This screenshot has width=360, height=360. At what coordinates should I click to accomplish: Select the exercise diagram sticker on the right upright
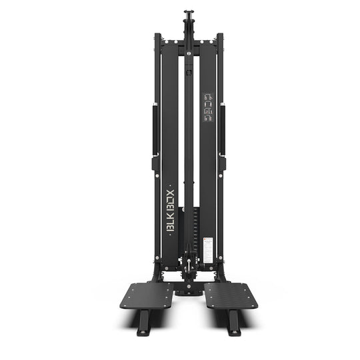click(x=206, y=106)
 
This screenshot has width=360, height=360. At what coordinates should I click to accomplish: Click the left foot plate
click(x=146, y=295)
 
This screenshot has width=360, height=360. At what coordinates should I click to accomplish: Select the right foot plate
click(x=231, y=295)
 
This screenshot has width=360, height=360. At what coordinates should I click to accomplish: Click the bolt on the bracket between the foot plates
click(x=189, y=287)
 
